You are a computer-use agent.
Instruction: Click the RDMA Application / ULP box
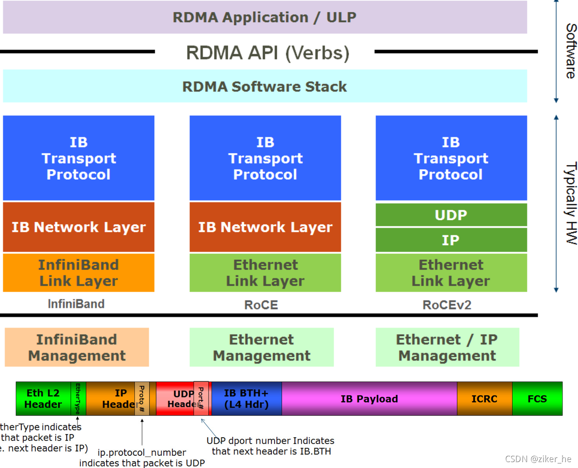pyautogui.click(x=265, y=17)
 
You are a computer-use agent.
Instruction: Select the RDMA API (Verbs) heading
pyautogui.click(x=268, y=53)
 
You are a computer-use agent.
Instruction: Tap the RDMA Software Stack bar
pyautogui.click(x=265, y=86)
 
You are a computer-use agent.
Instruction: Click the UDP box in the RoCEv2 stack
pyautogui.click(x=451, y=215)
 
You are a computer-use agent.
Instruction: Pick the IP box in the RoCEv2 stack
pyautogui.click(x=451, y=240)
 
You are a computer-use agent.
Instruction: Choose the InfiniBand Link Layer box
pyautogui.click(x=78, y=273)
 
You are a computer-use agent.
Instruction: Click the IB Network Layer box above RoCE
pyautogui.click(x=265, y=227)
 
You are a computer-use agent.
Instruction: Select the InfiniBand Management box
pyautogui.click(x=77, y=347)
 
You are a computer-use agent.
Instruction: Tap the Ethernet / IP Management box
pyautogui.click(x=447, y=347)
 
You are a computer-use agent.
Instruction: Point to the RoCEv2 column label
pyautogui.click(x=447, y=305)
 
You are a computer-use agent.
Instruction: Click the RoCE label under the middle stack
pyautogui.click(x=261, y=305)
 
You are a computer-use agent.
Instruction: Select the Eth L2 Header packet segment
pyautogui.click(x=43, y=399)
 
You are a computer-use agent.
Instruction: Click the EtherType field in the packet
pyautogui.click(x=78, y=399)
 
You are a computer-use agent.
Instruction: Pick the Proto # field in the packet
pyautogui.click(x=142, y=399)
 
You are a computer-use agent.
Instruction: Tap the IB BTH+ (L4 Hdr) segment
pyautogui.click(x=246, y=399)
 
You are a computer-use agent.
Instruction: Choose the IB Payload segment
pyautogui.click(x=369, y=399)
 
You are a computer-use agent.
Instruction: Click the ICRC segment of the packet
pyautogui.click(x=484, y=399)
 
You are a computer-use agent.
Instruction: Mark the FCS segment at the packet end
pyautogui.click(x=537, y=399)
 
